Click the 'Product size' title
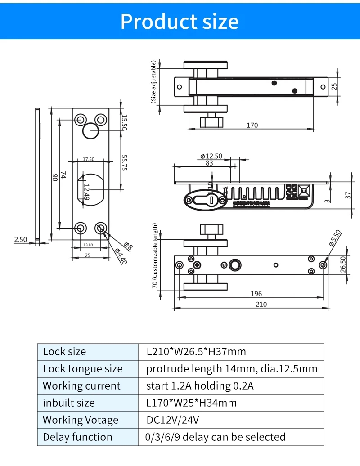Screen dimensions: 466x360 (x=180, y=21)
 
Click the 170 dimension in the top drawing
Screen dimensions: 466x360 (x=252, y=125)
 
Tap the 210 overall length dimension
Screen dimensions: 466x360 (x=261, y=304)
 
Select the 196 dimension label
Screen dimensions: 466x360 (x=256, y=294)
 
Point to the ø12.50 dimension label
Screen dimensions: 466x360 (x=211, y=156)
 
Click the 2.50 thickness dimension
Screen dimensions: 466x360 (x=21, y=239)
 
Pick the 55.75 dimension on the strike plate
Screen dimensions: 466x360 (x=125, y=165)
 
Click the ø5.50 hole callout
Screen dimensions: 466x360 (x=335, y=237)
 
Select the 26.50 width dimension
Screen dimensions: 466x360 (x=343, y=264)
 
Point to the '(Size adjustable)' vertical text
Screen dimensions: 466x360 (x=153, y=81)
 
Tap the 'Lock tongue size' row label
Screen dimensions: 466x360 (x=82, y=369)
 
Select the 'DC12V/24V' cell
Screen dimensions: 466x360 (x=173, y=420)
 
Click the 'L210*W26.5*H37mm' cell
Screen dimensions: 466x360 (x=196, y=352)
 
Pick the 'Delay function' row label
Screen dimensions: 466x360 (x=77, y=437)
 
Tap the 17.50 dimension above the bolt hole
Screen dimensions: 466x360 (x=89, y=159)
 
